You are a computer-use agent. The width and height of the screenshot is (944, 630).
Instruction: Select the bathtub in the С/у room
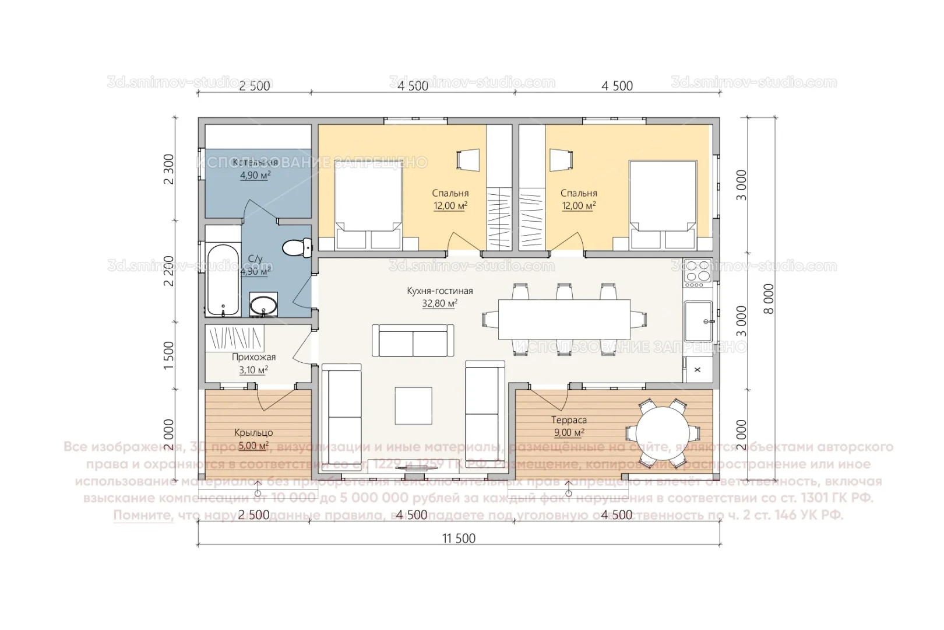223,279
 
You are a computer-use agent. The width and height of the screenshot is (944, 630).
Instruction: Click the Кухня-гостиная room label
439,290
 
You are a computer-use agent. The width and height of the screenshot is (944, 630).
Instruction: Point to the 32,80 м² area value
439,303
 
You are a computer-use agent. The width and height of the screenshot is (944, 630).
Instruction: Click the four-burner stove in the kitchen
698,273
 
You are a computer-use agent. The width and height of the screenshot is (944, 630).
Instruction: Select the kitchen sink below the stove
698,321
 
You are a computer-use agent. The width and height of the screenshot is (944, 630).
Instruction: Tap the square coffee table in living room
413,406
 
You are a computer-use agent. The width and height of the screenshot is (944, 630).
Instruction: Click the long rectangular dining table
563,319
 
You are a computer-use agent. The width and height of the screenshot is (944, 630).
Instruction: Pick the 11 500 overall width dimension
459,538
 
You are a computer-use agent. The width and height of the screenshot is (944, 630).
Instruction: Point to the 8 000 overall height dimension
769,299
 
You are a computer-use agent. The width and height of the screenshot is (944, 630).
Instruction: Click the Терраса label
569,420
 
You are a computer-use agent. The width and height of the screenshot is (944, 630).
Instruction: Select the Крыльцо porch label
253,433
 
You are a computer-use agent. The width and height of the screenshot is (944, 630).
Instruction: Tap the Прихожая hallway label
253,357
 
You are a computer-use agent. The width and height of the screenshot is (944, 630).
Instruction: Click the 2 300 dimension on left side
169,169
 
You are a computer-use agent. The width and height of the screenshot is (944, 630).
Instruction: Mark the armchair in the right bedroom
561,159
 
